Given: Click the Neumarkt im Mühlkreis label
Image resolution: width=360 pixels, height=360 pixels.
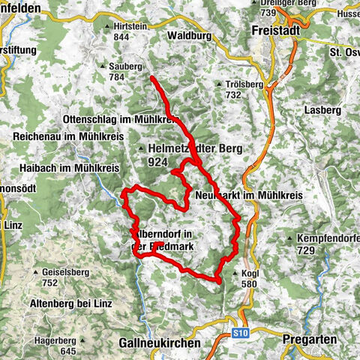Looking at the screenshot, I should tap(247, 194).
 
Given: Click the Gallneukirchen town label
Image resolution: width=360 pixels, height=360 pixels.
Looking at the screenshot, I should tap(160, 343).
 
